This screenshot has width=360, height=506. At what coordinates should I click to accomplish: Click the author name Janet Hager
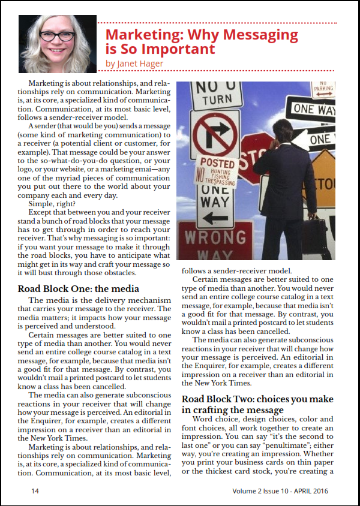(134, 63)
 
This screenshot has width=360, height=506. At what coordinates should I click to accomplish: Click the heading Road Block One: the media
(78, 289)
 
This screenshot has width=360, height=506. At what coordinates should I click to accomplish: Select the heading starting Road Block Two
(257, 404)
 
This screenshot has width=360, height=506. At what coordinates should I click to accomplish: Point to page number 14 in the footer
(35, 491)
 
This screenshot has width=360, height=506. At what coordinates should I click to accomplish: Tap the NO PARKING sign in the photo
(323, 89)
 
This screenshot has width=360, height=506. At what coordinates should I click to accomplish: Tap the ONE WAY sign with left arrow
(215, 204)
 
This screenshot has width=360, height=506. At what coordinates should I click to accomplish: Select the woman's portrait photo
(58, 43)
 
